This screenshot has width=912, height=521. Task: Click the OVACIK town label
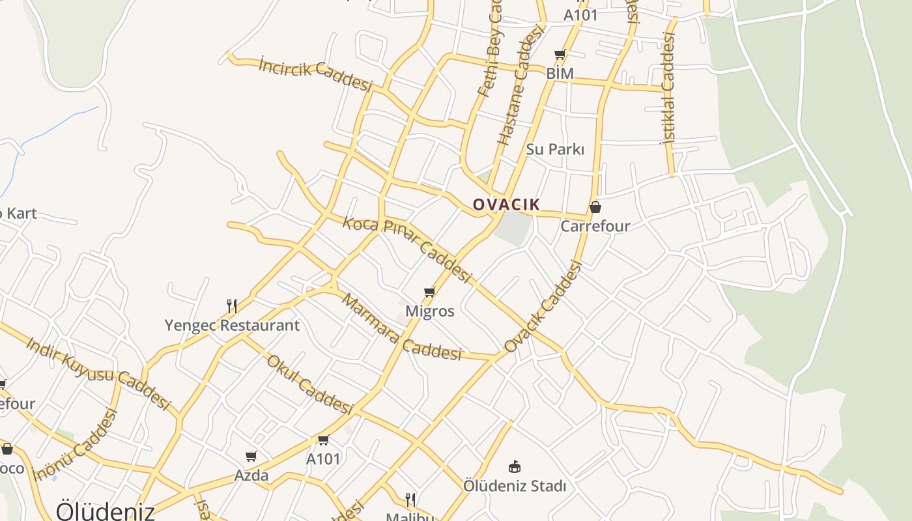(x=506, y=204)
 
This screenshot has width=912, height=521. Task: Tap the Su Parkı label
(x=555, y=149)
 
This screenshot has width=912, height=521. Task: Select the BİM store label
(x=560, y=74)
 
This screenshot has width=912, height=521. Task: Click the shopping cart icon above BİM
(x=560, y=55)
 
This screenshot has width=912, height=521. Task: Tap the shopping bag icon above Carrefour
(x=595, y=208)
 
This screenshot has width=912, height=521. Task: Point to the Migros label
(x=429, y=311)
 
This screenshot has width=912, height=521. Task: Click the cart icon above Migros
(x=429, y=292)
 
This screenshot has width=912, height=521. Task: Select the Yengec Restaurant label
(x=232, y=325)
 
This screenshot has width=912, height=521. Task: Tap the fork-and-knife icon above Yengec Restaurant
(x=231, y=305)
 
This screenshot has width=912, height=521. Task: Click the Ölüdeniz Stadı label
(x=515, y=486)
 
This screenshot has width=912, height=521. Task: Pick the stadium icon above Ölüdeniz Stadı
(x=515, y=466)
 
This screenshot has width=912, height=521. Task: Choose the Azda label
(x=251, y=475)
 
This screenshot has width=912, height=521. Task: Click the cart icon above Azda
(x=251, y=457)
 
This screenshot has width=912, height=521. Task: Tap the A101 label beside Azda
(x=323, y=459)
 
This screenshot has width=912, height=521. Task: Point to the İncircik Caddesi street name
(x=315, y=75)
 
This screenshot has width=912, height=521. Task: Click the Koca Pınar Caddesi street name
(x=406, y=249)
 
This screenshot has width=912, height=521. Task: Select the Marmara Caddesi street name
(x=401, y=328)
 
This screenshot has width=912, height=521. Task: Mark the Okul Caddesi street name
(x=309, y=384)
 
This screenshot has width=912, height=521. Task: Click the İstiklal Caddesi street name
(x=667, y=96)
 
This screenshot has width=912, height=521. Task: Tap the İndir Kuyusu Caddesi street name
(x=98, y=372)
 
